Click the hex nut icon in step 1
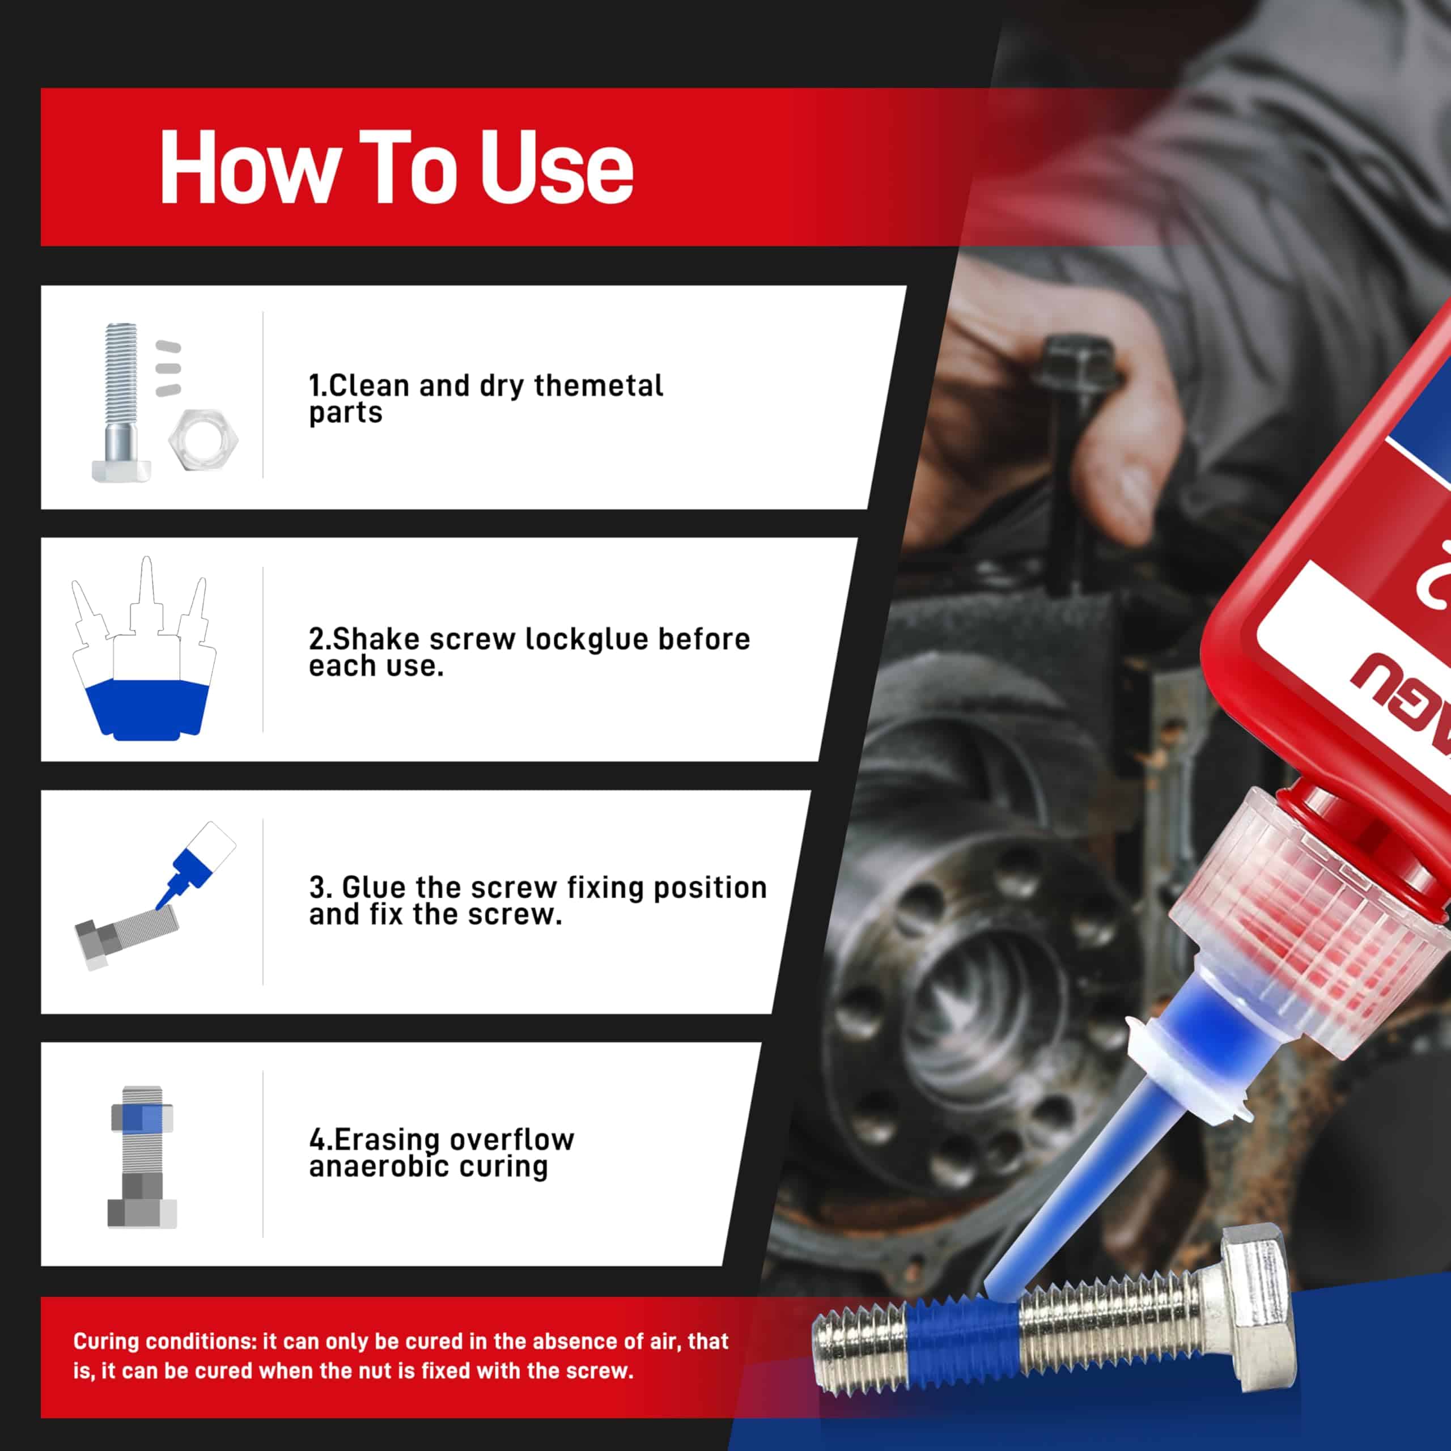click(203, 439)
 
